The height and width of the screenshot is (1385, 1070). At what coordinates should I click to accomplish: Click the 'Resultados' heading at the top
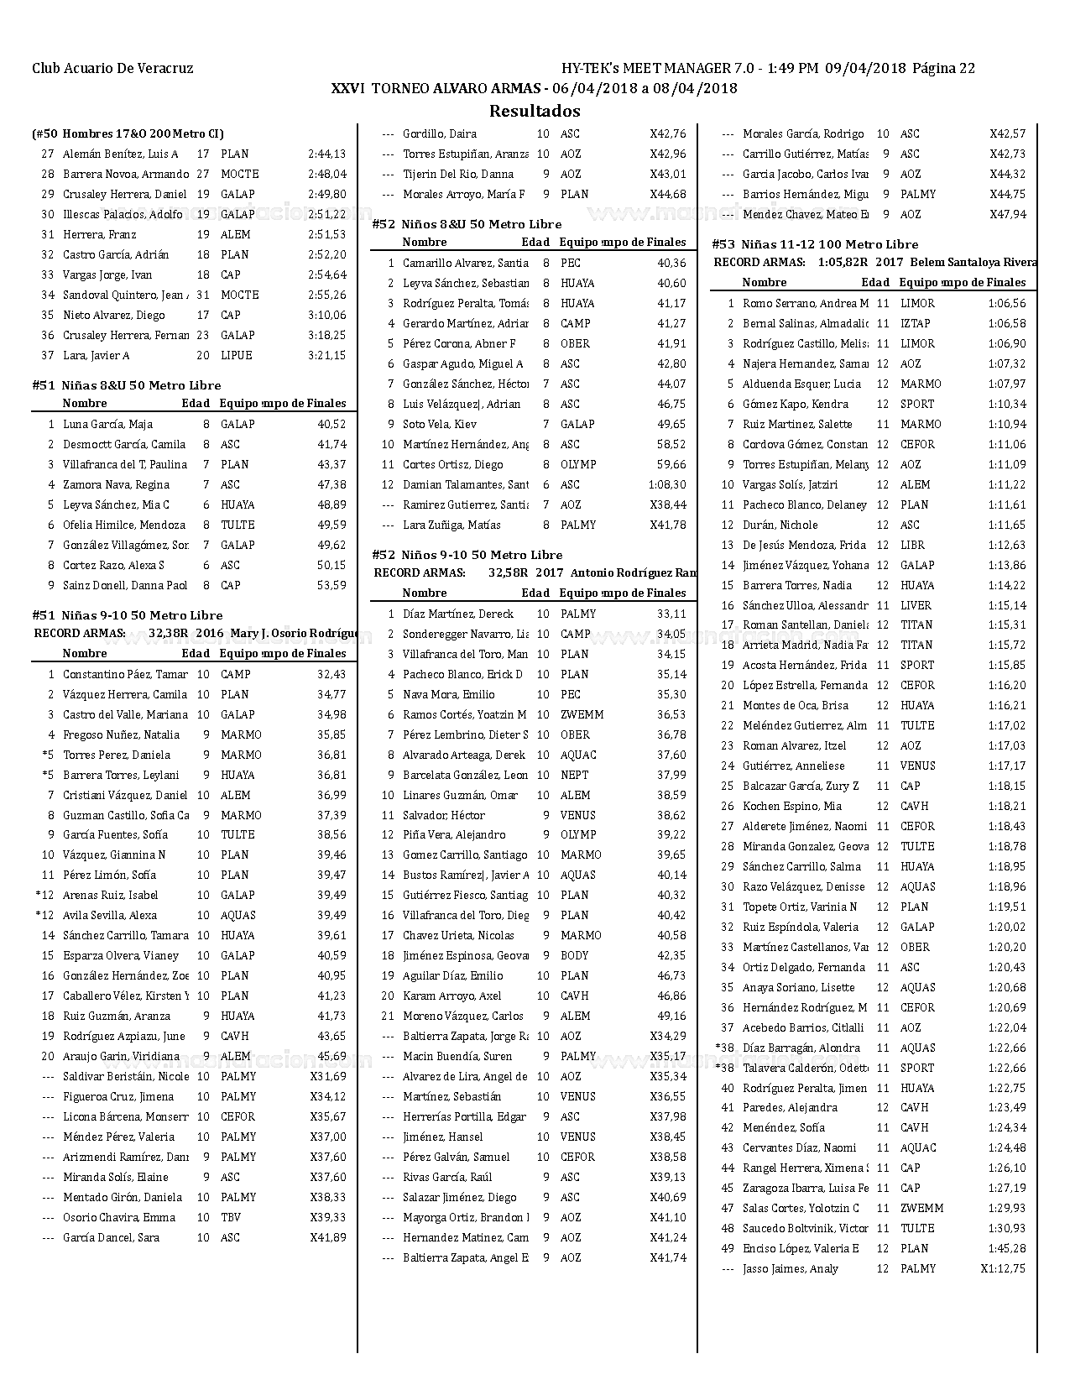pyautogui.click(x=535, y=111)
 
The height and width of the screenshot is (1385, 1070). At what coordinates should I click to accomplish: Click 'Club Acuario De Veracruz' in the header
pyautogui.click(x=112, y=69)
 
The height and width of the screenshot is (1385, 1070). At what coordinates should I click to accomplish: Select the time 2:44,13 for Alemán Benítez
pyautogui.click(x=326, y=154)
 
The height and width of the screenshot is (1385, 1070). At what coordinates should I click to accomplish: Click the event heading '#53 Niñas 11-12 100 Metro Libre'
pyautogui.click(x=815, y=244)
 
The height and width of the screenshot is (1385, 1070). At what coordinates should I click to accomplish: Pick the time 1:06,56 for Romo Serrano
pyautogui.click(x=1006, y=304)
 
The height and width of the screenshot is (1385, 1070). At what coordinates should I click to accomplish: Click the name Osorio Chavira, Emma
pyautogui.click(x=119, y=1218)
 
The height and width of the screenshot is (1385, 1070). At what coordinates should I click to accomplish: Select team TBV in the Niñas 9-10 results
pyautogui.click(x=231, y=1218)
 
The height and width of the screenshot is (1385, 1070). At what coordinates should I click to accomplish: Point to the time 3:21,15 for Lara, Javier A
pyautogui.click(x=326, y=356)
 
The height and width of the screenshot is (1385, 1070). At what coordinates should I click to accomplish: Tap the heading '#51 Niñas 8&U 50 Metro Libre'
pyautogui.click(x=127, y=385)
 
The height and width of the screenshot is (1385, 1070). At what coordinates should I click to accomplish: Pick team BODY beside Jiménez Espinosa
pyautogui.click(x=574, y=956)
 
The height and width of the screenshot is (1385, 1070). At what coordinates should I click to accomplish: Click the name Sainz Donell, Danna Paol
pyautogui.click(x=125, y=586)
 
